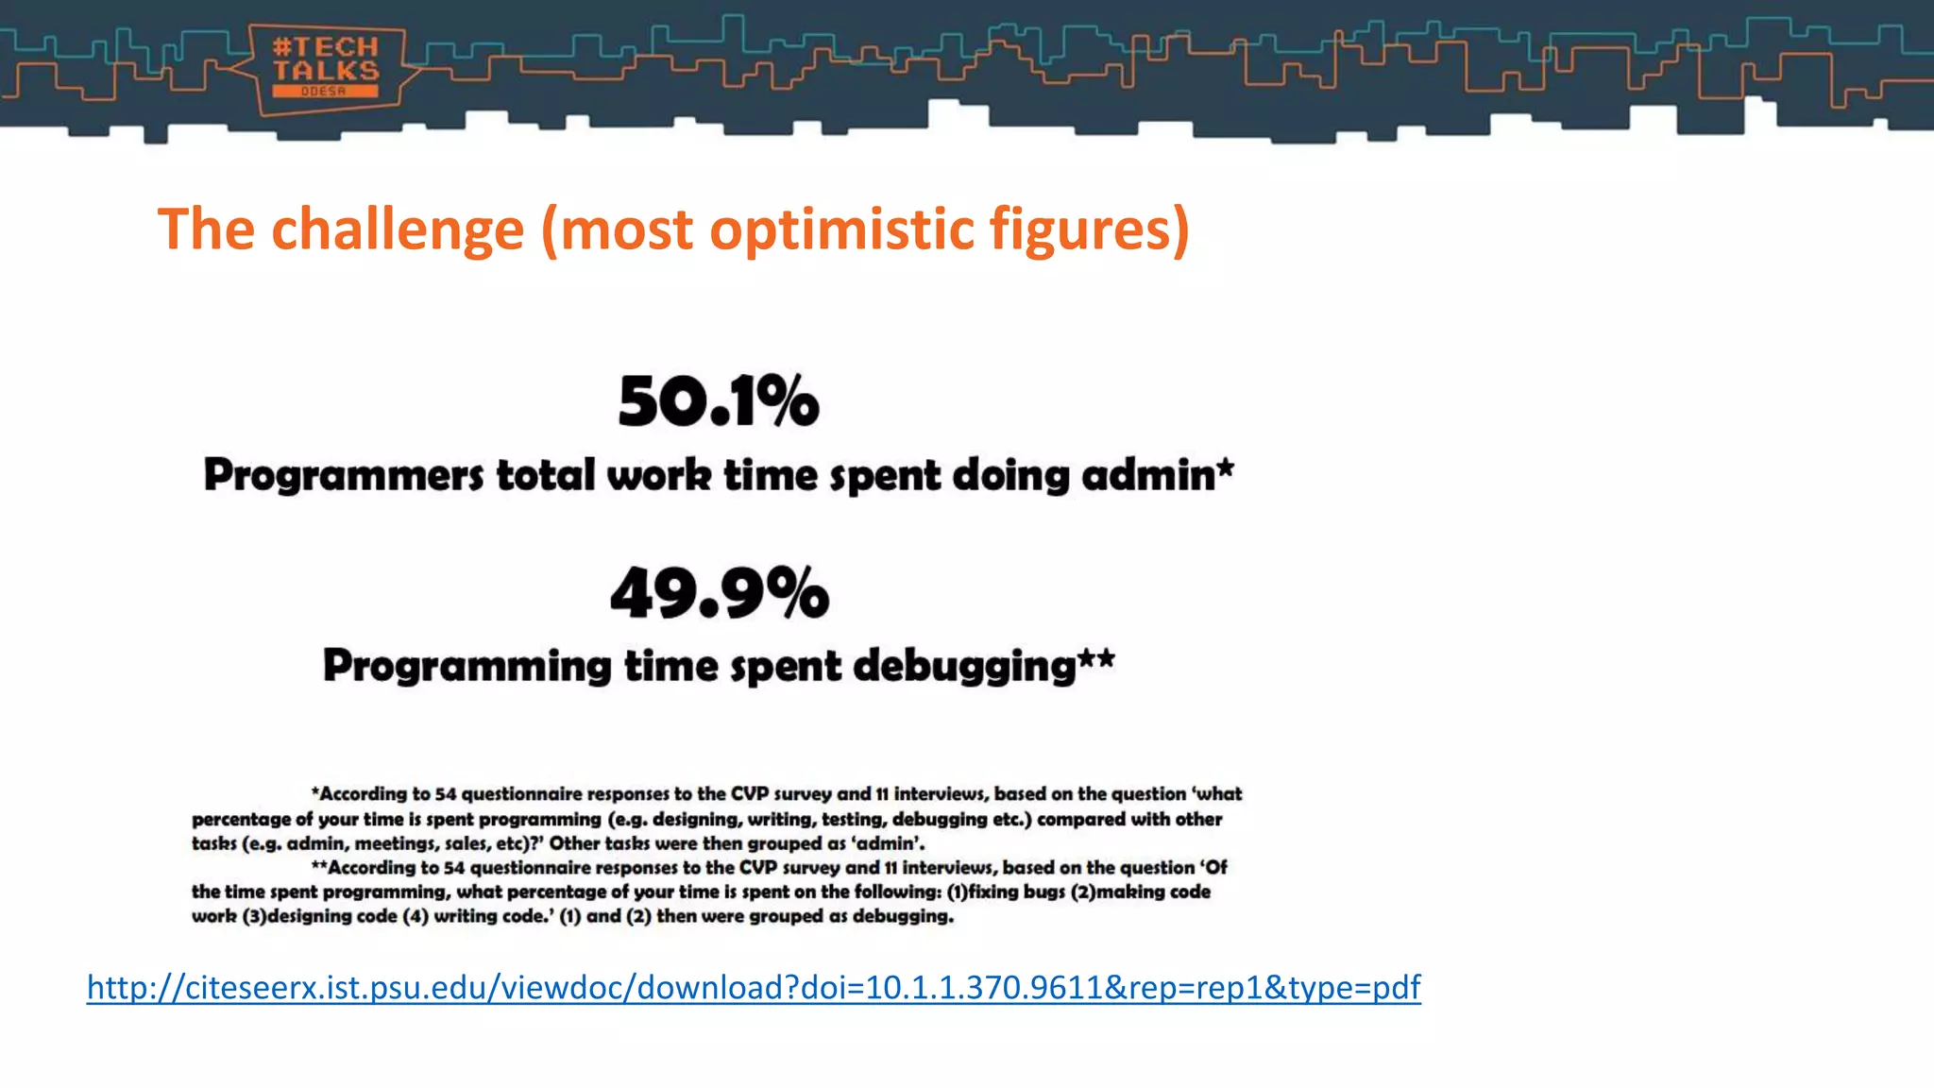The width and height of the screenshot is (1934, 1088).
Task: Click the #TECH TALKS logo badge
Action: point(326,68)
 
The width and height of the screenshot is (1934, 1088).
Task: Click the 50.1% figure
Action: point(719,401)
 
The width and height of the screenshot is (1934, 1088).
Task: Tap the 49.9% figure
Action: point(720,594)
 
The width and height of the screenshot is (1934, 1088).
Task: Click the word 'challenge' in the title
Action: point(397,229)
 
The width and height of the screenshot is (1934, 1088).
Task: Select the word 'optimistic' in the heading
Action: point(841,229)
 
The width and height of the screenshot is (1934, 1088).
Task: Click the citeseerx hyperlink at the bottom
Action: point(754,987)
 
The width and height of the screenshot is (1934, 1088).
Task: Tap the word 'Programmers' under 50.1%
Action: point(344,475)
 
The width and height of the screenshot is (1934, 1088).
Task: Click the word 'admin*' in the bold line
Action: point(1158,475)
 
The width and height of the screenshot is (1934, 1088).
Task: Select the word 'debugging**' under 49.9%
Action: point(983,666)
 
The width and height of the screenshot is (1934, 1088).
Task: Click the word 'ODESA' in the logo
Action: point(324,92)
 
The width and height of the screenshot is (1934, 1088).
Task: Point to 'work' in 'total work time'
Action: point(659,475)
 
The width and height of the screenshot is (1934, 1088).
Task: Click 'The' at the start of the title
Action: point(206,229)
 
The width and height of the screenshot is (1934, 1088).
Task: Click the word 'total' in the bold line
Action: point(546,475)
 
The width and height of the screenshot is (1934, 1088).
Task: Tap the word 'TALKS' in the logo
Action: point(326,71)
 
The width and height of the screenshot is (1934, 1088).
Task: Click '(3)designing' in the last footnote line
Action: point(318,916)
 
